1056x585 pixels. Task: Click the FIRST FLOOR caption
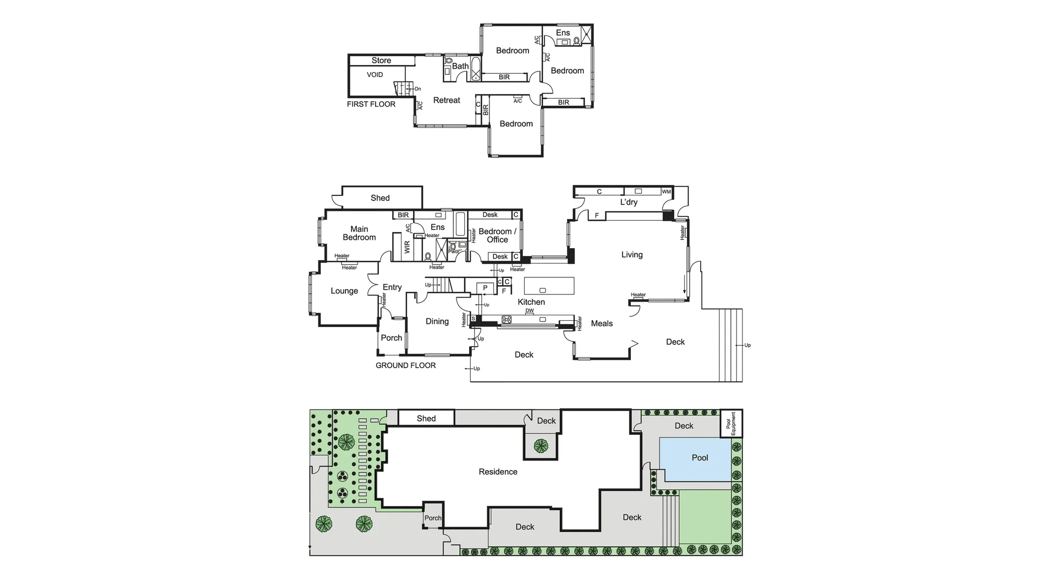(x=371, y=104)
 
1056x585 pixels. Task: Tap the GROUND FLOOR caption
(x=405, y=365)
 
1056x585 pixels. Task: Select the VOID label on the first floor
(x=375, y=75)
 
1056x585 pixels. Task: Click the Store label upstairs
(x=381, y=61)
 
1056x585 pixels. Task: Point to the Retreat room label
(x=447, y=100)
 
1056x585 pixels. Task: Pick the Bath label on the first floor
(x=460, y=66)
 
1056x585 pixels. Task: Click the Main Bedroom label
(x=359, y=233)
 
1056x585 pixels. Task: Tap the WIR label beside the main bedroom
(x=407, y=247)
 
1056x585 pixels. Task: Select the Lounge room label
(x=344, y=291)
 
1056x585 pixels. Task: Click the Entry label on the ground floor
(x=392, y=287)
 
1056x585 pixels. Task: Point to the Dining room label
(x=437, y=321)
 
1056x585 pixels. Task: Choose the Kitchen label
(x=531, y=302)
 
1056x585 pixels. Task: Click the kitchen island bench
(x=549, y=286)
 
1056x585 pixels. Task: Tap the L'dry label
(x=629, y=202)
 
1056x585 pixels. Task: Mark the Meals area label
(x=602, y=324)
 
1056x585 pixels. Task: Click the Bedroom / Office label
(x=497, y=236)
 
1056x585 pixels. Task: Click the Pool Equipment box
(x=732, y=423)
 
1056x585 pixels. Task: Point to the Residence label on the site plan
(x=498, y=472)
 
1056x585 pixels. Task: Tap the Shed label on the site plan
(x=426, y=418)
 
